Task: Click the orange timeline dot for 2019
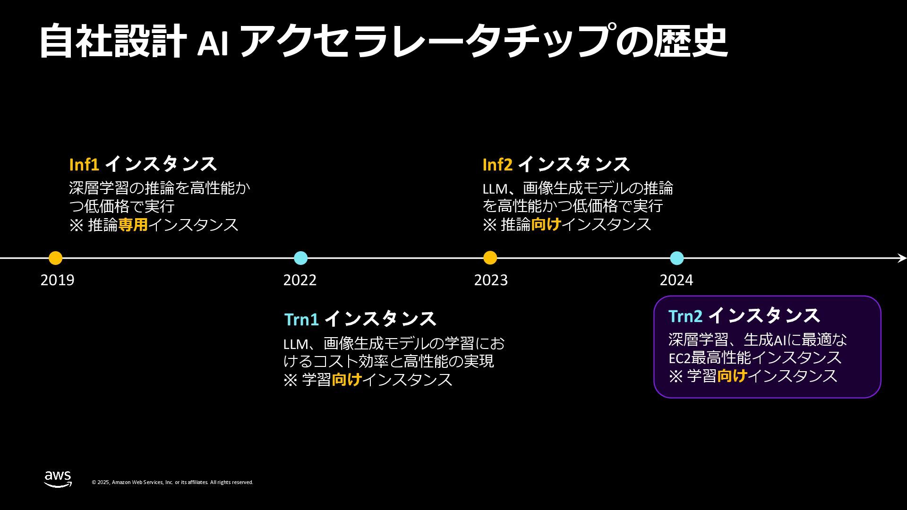[x=55, y=258]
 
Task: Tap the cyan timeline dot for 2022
[x=300, y=258]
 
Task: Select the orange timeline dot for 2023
[x=490, y=258]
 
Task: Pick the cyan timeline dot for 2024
[x=676, y=258]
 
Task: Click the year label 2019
[x=57, y=280]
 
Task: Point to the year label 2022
[x=299, y=280]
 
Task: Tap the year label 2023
[x=490, y=280]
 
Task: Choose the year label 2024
[x=676, y=280]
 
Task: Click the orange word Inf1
[x=84, y=164]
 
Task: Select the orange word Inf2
[x=497, y=164]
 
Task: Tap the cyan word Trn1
[x=301, y=320]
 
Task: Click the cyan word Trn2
[x=685, y=316]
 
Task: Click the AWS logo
[x=58, y=479]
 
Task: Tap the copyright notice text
[x=172, y=482]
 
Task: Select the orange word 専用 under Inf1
[x=133, y=225]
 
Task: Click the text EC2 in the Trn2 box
[x=679, y=358]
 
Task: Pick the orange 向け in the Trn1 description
[x=346, y=380]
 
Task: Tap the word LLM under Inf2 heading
[x=494, y=188]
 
